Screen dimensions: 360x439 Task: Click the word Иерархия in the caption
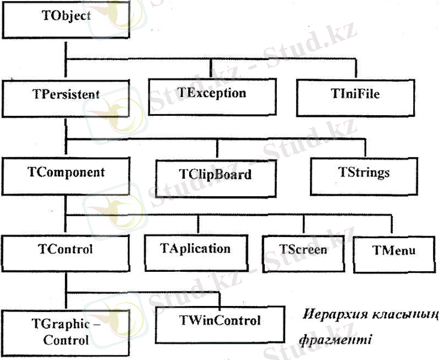tap(327, 316)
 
